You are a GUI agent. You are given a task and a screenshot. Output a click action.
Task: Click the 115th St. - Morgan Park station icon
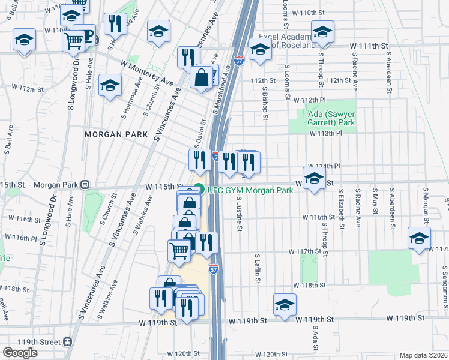coord(85,185)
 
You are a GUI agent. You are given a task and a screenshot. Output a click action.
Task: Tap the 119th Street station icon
coord(68,341)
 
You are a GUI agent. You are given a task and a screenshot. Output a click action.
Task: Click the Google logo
coord(20,353)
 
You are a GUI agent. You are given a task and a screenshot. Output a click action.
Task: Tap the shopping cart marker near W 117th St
coord(179,251)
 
